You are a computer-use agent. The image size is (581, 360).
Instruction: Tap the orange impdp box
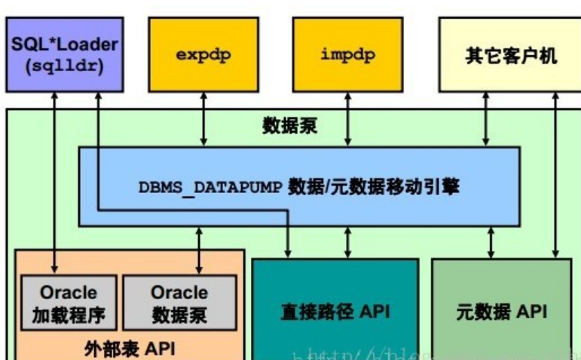click(x=347, y=56)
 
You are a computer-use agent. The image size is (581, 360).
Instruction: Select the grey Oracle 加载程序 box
click(x=68, y=303)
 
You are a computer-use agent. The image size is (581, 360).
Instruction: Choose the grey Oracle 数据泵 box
click(x=179, y=303)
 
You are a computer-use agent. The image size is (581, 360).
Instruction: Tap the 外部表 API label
click(x=130, y=348)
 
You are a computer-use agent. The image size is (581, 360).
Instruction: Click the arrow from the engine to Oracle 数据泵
click(x=199, y=249)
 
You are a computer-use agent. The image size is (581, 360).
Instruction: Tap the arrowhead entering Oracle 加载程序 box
click(x=55, y=267)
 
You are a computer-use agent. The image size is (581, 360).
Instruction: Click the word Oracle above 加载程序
click(x=69, y=292)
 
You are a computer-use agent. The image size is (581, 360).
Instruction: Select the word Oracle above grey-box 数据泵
click(x=179, y=292)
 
